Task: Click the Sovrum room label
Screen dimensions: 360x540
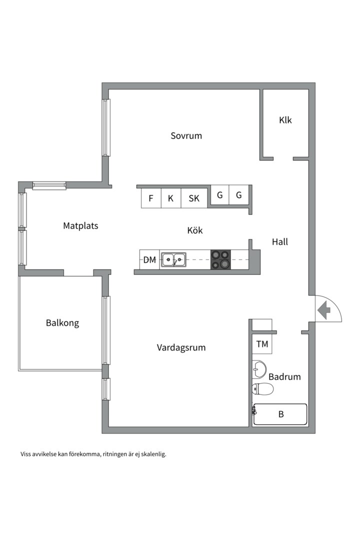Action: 186,135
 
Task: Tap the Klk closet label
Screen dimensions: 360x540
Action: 285,120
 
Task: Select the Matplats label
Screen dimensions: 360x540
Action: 80,226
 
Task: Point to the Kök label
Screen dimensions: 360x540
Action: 195,230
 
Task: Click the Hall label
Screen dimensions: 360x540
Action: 279,242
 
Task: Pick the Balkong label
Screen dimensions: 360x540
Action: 62,323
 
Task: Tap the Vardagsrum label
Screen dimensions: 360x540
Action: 181,347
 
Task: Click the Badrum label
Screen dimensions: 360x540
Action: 284,377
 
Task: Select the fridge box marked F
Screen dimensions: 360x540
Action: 151,198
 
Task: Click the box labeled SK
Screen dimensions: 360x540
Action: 194,198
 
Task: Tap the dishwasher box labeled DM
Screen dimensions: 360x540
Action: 149,259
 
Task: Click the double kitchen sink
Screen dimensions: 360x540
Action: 174,259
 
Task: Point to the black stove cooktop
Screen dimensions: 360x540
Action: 220,259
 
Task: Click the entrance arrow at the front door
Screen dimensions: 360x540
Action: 324,310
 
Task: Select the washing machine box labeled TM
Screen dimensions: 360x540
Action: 262,344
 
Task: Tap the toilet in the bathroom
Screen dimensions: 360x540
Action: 262,389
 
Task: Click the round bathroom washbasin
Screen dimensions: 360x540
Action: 259,369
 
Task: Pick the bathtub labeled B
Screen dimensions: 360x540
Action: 280,414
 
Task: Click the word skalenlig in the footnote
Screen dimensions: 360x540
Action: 153,454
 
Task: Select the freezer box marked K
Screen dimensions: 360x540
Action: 171,198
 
